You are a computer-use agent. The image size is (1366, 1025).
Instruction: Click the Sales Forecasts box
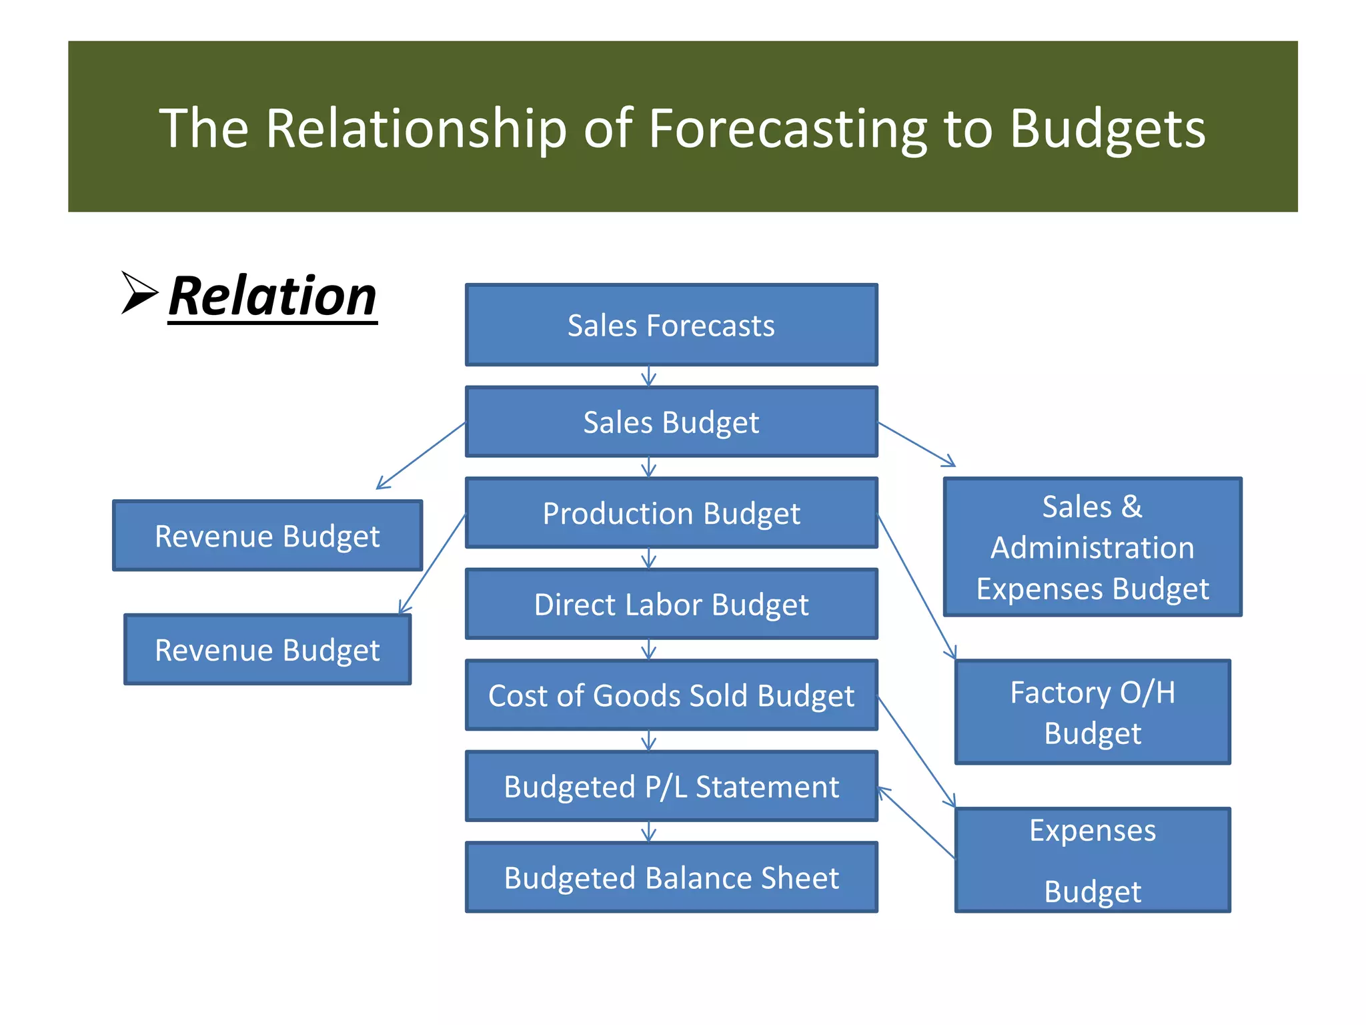671,325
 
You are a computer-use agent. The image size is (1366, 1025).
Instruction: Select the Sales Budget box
671,422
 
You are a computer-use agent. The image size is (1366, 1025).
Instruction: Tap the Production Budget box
671,513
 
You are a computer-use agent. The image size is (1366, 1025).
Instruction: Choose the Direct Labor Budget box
671,605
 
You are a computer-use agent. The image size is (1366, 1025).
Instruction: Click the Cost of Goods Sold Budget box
671,695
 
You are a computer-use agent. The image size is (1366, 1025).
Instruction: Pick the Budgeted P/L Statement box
671,786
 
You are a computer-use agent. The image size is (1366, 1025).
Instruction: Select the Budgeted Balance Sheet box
671,877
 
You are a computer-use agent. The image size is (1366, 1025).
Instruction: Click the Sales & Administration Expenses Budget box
1092,547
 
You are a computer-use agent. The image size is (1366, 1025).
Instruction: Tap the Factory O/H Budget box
1092,712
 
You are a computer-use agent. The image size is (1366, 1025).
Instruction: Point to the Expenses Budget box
1092,860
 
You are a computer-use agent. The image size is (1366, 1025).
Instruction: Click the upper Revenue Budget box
267,536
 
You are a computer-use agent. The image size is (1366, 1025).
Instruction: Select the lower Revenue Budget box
267,649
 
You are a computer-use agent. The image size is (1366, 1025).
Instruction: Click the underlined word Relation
272,296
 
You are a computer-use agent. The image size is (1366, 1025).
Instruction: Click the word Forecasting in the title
787,128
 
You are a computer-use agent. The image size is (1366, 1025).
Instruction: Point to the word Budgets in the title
1107,128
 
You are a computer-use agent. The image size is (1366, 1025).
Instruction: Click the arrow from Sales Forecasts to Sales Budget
648,376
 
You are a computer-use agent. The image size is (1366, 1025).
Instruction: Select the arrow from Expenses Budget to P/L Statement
916,822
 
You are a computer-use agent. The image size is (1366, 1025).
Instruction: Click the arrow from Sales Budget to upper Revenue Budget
421,455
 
